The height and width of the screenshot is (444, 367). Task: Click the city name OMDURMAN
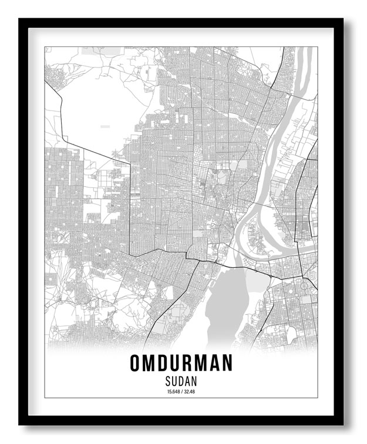point(181,363)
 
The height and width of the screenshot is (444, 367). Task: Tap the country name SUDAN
point(181,380)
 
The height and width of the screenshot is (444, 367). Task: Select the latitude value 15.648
point(173,391)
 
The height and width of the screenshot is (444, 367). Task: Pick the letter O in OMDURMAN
point(136,363)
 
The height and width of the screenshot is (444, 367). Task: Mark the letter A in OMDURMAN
point(213,363)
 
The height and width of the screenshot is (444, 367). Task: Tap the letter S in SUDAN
point(169,380)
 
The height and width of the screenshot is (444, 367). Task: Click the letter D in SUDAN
point(181,380)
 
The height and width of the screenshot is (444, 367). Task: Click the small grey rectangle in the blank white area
point(105,126)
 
